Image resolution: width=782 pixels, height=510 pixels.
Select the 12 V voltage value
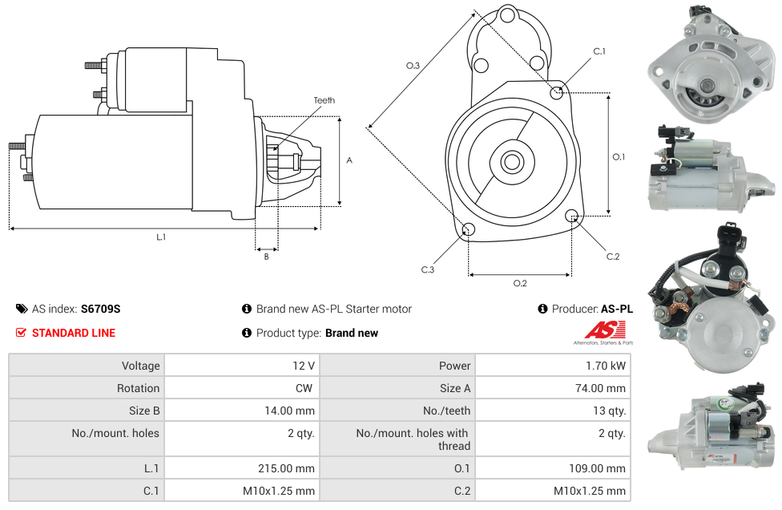[303, 366]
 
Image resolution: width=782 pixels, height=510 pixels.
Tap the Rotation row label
[138, 388]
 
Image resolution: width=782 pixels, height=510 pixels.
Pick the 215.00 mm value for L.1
[292, 468]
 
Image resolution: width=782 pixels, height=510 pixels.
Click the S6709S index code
[100, 309]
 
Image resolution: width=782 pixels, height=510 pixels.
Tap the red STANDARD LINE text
[73, 333]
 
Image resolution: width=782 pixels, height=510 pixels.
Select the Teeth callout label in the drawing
[324, 100]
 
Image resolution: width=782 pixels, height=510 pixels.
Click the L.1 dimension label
[161, 237]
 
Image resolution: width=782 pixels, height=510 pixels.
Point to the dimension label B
[266, 257]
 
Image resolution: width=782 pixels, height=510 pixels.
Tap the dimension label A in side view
[349, 160]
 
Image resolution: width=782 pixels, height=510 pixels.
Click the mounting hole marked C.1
[557, 92]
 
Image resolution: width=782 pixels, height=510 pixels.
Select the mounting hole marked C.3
[469, 231]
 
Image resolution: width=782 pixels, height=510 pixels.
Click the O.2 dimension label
[520, 282]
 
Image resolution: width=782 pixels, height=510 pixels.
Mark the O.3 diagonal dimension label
[413, 66]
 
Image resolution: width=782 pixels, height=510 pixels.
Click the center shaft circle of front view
[511, 162]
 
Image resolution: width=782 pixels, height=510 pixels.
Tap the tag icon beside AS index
[22, 309]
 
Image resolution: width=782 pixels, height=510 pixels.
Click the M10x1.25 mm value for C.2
[590, 491]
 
